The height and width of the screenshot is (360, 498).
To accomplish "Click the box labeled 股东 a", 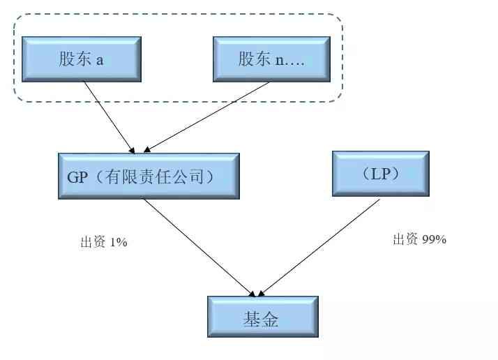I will [x=81, y=59].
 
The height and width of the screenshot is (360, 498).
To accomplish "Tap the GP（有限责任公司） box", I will [x=149, y=177].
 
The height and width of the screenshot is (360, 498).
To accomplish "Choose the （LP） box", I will [x=380, y=174].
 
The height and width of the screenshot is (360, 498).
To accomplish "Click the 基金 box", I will [x=262, y=319].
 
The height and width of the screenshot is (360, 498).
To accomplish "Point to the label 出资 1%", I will [x=104, y=243].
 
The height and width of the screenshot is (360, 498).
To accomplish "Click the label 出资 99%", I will [x=419, y=239].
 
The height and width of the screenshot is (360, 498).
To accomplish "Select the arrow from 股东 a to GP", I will [x=108, y=115].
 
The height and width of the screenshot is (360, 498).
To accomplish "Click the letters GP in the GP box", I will [x=77, y=177].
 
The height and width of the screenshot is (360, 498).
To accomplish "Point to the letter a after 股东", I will [x=100, y=59].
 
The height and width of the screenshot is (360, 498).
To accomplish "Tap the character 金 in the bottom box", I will [x=271, y=320].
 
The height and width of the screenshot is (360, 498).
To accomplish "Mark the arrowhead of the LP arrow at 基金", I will [x=263, y=292].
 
